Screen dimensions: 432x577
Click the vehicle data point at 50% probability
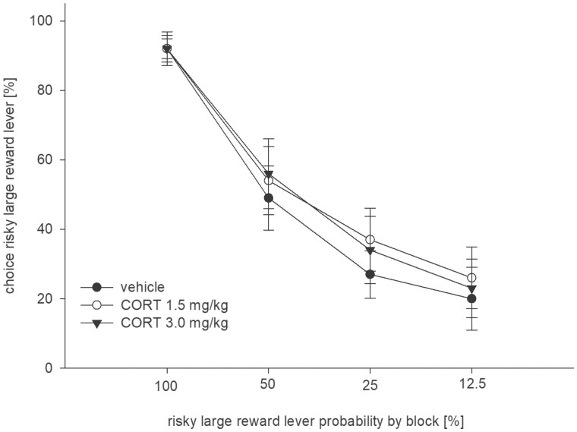pos(268,197)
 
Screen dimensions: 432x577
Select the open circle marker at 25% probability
pos(370,240)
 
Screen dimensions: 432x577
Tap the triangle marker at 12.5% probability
pos(471,289)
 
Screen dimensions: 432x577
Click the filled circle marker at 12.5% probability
pos(471,298)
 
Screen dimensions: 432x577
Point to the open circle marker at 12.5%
pos(471,278)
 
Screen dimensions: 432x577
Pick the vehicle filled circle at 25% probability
pos(370,274)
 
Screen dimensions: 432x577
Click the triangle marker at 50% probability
pos(268,175)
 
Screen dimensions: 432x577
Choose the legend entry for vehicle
pos(140,287)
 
